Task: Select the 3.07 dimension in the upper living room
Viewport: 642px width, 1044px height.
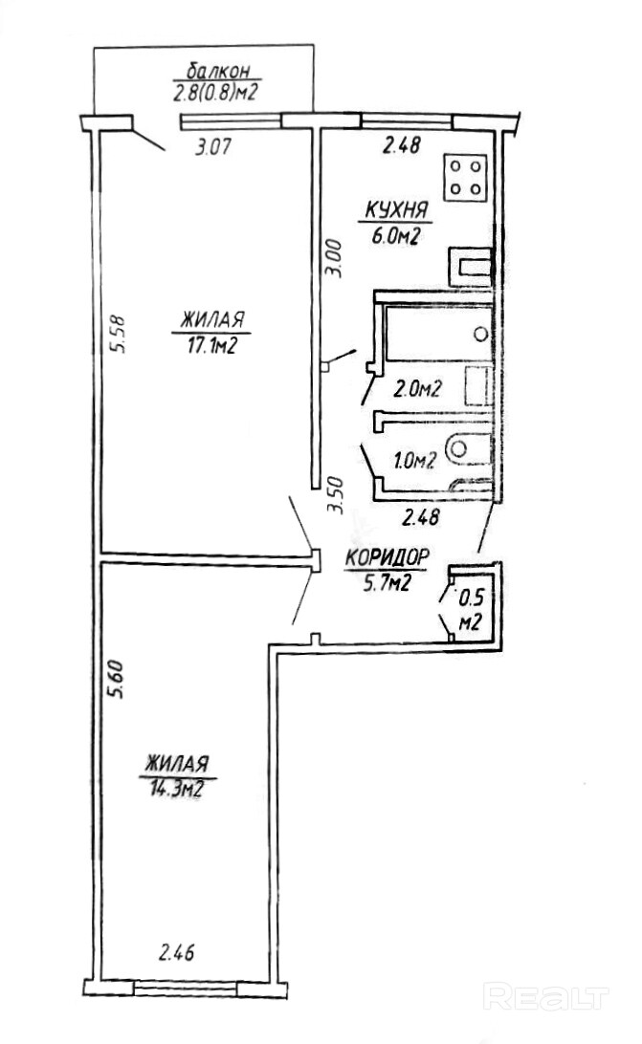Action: [212, 147]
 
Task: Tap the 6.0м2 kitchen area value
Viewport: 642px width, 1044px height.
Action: [393, 236]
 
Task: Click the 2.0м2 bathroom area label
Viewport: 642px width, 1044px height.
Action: [417, 388]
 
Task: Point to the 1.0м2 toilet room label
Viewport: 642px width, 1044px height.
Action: [414, 461]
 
